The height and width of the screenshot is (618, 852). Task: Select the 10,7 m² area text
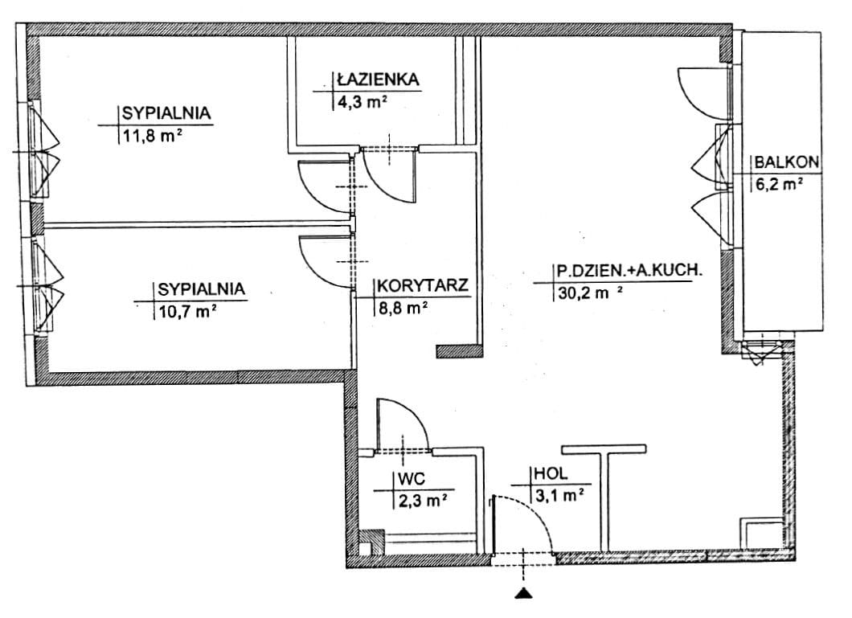click(x=186, y=310)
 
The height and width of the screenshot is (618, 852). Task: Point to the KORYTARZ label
click(x=422, y=286)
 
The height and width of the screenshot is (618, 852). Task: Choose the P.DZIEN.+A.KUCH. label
click(x=629, y=272)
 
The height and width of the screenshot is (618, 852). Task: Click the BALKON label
click(x=787, y=162)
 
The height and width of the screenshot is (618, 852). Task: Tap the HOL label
click(x=547, y=474)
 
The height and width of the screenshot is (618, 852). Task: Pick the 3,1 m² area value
click(x=558, y=496)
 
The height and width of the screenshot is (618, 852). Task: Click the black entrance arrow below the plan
click(x=524, y=593)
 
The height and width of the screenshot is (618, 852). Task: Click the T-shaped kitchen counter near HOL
click(x=604, y=482)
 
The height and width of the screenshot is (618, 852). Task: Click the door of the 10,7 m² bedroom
click(x=326, y=260)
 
